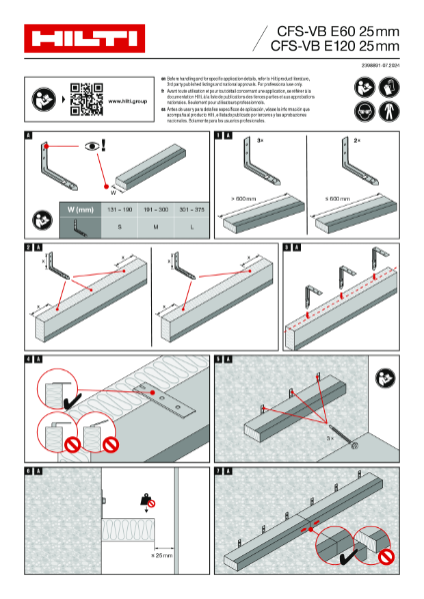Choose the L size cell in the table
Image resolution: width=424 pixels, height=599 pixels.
tap(190, 228)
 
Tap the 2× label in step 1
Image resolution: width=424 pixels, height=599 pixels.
tap(357, 143)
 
